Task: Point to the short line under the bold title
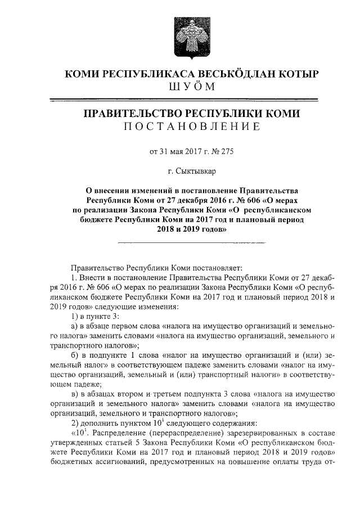pyautogui.click(x=191, y=242)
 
